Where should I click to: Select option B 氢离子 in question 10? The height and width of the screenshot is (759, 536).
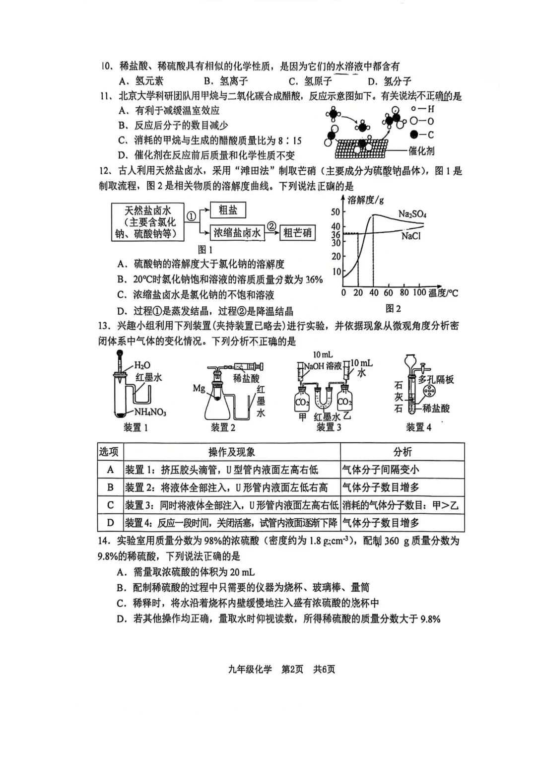226,81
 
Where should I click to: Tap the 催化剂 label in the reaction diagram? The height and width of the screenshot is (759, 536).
421,150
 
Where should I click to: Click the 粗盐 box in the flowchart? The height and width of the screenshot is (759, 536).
228,210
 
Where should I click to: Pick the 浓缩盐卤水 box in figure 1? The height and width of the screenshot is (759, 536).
237,232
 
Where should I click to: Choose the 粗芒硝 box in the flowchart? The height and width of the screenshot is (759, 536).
297,232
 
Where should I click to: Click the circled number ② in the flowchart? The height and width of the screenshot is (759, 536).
271,226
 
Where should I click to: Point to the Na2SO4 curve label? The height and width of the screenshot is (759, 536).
412,214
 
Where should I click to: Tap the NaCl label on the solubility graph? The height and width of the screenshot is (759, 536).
410,236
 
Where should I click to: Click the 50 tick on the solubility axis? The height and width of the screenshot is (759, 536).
336,212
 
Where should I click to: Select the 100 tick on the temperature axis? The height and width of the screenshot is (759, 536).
419,292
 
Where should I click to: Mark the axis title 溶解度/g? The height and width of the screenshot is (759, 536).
365,200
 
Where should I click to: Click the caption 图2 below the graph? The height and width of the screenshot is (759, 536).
393,309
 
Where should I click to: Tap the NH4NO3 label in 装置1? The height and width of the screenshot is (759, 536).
150,413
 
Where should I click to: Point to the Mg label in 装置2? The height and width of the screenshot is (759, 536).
199,388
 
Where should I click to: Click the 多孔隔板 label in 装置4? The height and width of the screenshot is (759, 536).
436,380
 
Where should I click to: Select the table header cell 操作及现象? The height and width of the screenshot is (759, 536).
232,452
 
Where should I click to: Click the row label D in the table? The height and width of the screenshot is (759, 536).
110,523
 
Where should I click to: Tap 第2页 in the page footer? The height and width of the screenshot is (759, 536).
292,669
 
